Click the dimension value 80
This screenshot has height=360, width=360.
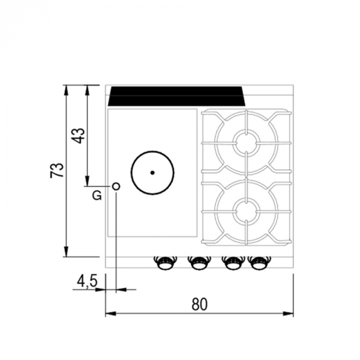pyautogui.click(x=200, y=304)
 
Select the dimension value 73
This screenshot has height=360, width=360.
pyautogui.click(x=57, y=170)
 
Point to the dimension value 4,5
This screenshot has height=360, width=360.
pyautogui.click(x=87, y=282)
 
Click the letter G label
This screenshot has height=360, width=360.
pyautogui.click(x=97, y=195)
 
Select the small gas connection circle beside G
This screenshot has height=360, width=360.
pyautogui.click(x=116, y=186)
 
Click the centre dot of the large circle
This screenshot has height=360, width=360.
pyautogui.click(x=152, y=173)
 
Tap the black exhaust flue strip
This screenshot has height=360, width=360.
pyautogui.click(x=176, y=96)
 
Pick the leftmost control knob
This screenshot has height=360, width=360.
pyautogui.click(x=165, y=263)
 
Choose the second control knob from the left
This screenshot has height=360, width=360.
pyautogui.click(x=199, y=263)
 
